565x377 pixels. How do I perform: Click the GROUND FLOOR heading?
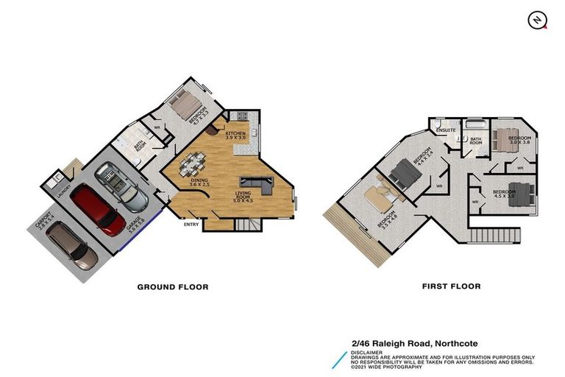173,286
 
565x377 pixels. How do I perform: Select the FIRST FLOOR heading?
452,286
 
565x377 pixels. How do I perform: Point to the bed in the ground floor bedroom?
185,102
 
